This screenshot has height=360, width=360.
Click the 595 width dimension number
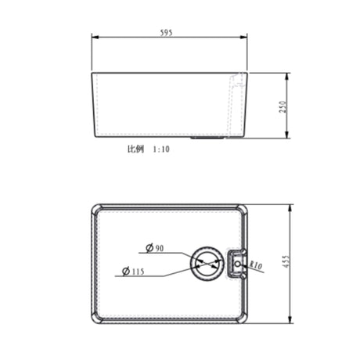point(166,33)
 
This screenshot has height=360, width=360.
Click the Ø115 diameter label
point(133,272)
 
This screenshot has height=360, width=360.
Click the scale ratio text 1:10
point(160,147)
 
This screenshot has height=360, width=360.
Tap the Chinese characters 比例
point(135,147)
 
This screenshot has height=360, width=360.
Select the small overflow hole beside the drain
point(238,264)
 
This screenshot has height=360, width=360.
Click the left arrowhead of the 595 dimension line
point(94,38)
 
